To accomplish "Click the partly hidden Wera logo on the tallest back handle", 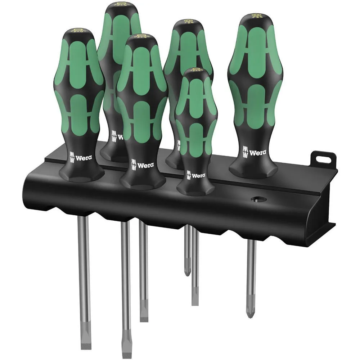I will coord(116,136).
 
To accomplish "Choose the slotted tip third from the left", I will coord(144,318).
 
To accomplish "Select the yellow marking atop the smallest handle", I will coord(196,69).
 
